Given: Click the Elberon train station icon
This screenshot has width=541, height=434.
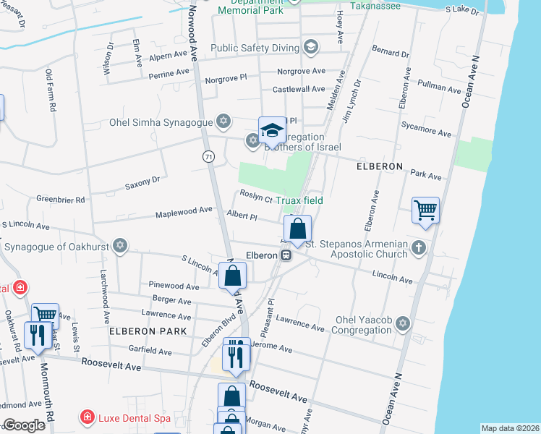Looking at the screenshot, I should [286, 255].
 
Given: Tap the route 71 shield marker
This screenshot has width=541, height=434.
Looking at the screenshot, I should [208, 156].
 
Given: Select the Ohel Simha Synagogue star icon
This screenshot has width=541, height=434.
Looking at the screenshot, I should [224, 120].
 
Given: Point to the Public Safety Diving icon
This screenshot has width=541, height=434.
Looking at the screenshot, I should [311, 48].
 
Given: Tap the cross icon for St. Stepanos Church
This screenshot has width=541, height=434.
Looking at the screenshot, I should [418, 249].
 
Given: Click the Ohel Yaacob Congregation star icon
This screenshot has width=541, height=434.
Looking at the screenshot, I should [403, 323].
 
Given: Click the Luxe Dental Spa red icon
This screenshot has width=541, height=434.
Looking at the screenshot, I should [87, 417].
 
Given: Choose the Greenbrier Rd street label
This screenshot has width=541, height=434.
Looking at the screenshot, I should [61, 199].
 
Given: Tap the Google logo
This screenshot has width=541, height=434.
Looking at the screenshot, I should [23, 425].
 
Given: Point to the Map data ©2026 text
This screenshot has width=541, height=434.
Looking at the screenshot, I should [509, 428].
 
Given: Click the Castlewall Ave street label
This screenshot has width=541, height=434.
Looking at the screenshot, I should [299, 89].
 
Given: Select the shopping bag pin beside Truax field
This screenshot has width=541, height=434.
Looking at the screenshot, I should [297, 229].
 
